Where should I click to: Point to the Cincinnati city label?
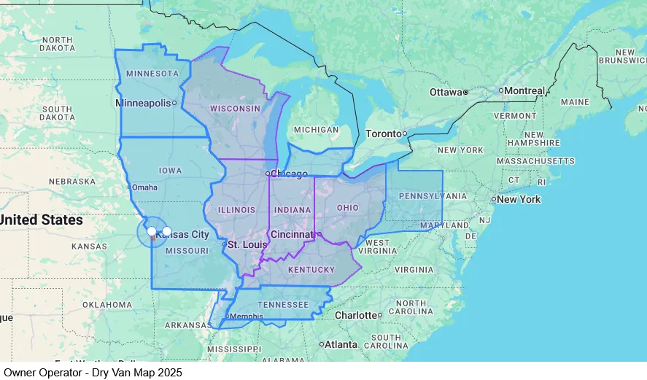pos(292,234)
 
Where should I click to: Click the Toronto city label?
pos(383,133)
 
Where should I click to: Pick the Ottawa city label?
pos(445,92)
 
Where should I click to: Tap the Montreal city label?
pos(524,90)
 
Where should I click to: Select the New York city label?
pos(519,199)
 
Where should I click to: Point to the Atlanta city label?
pos(341,344)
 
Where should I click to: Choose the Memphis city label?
pos(245,317)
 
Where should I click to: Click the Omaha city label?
pos(144,187)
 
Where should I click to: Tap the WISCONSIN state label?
pos(235,108)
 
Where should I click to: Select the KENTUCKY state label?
pos(311,270)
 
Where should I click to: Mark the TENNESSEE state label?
pos(283,304)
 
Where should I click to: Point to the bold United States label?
pos(42,220)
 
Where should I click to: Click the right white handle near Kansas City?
pos(166,231)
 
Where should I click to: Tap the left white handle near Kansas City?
pos(152,231)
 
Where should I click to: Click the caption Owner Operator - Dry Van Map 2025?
pos(93,372)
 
